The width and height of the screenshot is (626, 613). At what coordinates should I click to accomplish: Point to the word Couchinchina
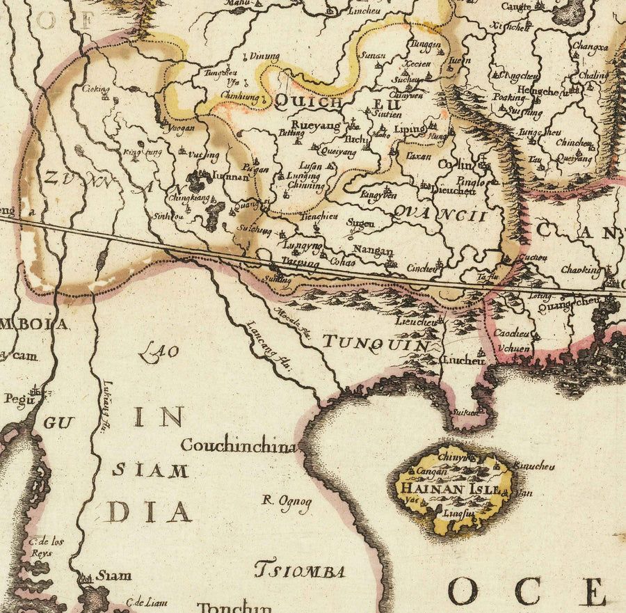[239, 446]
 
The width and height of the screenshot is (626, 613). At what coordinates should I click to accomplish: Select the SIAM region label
[150, 470]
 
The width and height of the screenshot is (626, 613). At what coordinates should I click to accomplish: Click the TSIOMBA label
[300, 572]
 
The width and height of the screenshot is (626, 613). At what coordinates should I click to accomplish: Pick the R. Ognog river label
[287, 501]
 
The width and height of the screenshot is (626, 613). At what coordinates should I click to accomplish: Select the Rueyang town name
[316, 126]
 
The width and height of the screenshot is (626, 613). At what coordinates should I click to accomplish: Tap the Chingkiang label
[188, 198]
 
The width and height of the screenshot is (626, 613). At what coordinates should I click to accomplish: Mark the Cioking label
[96, 89]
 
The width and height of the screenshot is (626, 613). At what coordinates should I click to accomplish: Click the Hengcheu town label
[538, 91]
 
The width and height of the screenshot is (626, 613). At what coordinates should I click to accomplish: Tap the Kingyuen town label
[378, 196]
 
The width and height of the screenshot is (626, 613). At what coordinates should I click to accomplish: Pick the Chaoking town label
[581, 269]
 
